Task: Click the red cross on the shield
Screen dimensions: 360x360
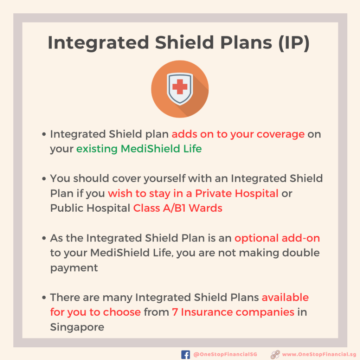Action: coord(180,86)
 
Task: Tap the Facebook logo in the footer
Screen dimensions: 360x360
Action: coord(186,354)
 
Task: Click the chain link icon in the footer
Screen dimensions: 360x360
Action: coord(275,354)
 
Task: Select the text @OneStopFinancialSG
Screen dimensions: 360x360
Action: coord(225,354)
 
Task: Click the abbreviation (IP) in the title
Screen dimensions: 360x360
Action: coord(294,43)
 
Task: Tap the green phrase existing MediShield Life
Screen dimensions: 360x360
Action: coord(139,149)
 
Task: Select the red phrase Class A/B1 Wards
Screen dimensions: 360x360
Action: coord(178,208)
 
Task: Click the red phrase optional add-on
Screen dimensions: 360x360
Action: coord(277,238)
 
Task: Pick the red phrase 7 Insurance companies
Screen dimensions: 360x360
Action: coord(233,312)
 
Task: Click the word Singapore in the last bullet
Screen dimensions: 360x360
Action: coord(77,327)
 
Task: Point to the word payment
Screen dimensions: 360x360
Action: coord(74,268)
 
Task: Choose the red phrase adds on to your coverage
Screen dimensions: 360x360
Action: coord(238,134)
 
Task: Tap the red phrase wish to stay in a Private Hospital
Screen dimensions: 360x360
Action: coord(193,193)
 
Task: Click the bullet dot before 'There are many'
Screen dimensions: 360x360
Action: coord(44,298)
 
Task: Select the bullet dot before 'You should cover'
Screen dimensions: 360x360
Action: coord(44,179)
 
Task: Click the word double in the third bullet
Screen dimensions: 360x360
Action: coord(301,253)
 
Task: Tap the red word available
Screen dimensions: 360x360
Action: coord(285,297)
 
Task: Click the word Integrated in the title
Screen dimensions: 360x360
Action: coord(98,43)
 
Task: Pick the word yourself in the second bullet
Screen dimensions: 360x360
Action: coord(165,179)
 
